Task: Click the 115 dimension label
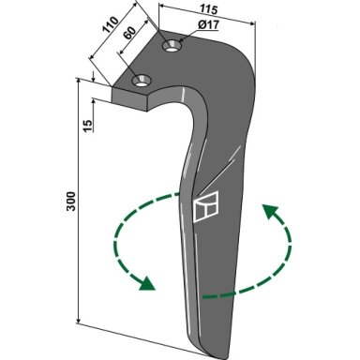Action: point(208,8)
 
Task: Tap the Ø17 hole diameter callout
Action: point(208,24)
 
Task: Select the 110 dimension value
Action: point(111,24)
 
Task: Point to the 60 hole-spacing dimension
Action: point(129,33)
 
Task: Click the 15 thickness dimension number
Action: point(88,126)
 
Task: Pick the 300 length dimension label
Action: point(71,201)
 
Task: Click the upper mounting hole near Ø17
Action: point(172,47)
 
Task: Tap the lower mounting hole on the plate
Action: point(142,81)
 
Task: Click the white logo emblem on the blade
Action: point(205,206)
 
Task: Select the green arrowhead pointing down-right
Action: point(147,283)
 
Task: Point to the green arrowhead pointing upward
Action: point(269,212)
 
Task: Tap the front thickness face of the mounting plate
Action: point(128,98)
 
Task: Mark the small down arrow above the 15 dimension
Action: point(93,77)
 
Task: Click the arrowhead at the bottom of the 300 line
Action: point(79,321)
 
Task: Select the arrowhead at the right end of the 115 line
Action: point(251,22)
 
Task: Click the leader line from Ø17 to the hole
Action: point(188,37)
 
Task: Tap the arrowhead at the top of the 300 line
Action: point(79,82)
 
